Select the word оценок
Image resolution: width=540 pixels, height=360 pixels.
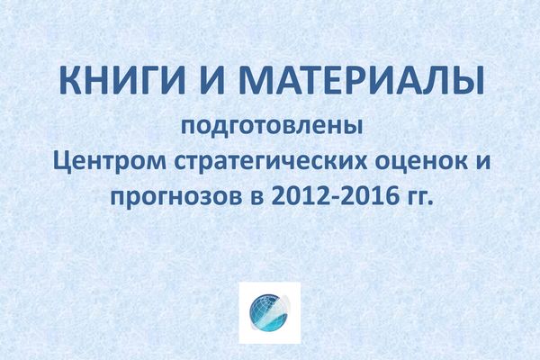tap(421, 161)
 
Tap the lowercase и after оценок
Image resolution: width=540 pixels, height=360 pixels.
tap(482, 162)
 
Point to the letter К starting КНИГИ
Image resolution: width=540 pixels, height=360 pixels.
tap(70, 81)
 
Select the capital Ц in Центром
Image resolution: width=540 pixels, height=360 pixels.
tap(63, 161)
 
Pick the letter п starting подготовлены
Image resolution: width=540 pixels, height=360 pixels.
tap(189, 128)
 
